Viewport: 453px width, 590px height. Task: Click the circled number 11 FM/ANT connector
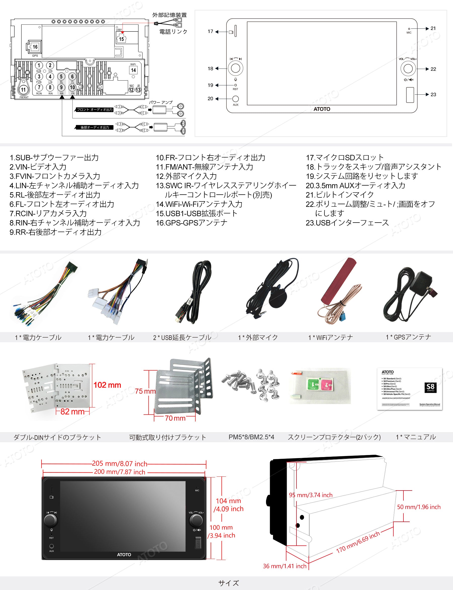[x=23, y=90]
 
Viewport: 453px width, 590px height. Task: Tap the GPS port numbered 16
[x=35, y=47]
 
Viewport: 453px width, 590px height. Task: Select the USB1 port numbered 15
[x=121, y=39]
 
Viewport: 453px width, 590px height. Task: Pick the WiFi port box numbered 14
[x=133, y=70]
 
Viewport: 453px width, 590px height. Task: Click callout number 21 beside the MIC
[x=433, y=28]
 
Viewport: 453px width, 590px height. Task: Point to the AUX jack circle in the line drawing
[x=235, y=99]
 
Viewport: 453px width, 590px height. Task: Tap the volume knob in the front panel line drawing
[x=408, y=69]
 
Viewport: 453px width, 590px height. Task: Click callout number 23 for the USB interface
[x=433, y=94]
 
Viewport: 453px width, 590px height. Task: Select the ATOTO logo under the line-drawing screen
[x=322, y=109]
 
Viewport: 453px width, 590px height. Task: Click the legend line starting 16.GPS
[x=192, y=223]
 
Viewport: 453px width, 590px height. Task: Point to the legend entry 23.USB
[x=347, y=223]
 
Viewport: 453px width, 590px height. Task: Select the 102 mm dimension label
[x=107, y=385]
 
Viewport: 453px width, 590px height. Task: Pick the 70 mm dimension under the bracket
[x=175, y=418]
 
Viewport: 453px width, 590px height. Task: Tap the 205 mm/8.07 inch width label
[x=120, y=464]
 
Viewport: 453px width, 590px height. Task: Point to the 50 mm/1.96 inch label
[x=419, y=507]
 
